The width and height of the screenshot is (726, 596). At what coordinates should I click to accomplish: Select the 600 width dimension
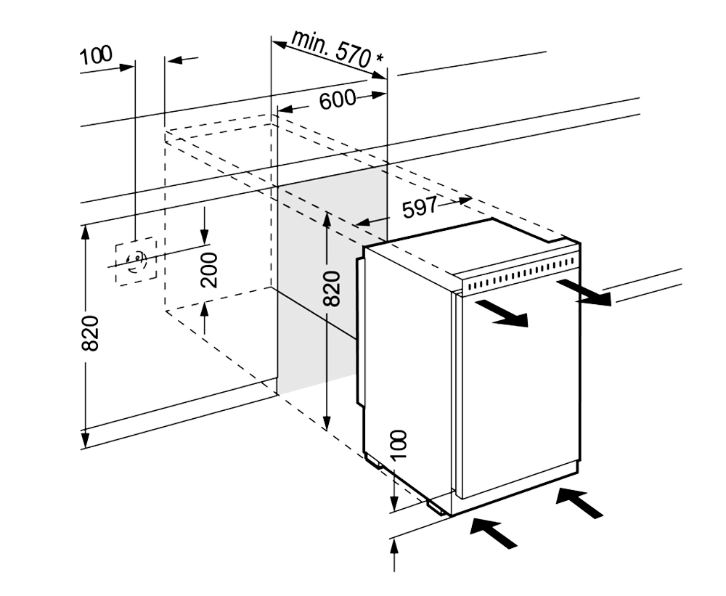pyautogui.click(x=337, y=100)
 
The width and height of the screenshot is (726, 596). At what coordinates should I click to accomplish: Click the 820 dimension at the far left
pyautogui.click(x=89, y=335)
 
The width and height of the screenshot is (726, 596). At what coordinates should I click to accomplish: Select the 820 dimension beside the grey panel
pyautogui.click(x=331, y=288)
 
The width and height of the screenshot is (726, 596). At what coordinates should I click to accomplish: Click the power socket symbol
pyautogui.click(x=135, y=261)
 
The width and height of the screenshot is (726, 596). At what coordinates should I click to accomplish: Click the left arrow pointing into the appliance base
pyautogui.click(x=494, y=533)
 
